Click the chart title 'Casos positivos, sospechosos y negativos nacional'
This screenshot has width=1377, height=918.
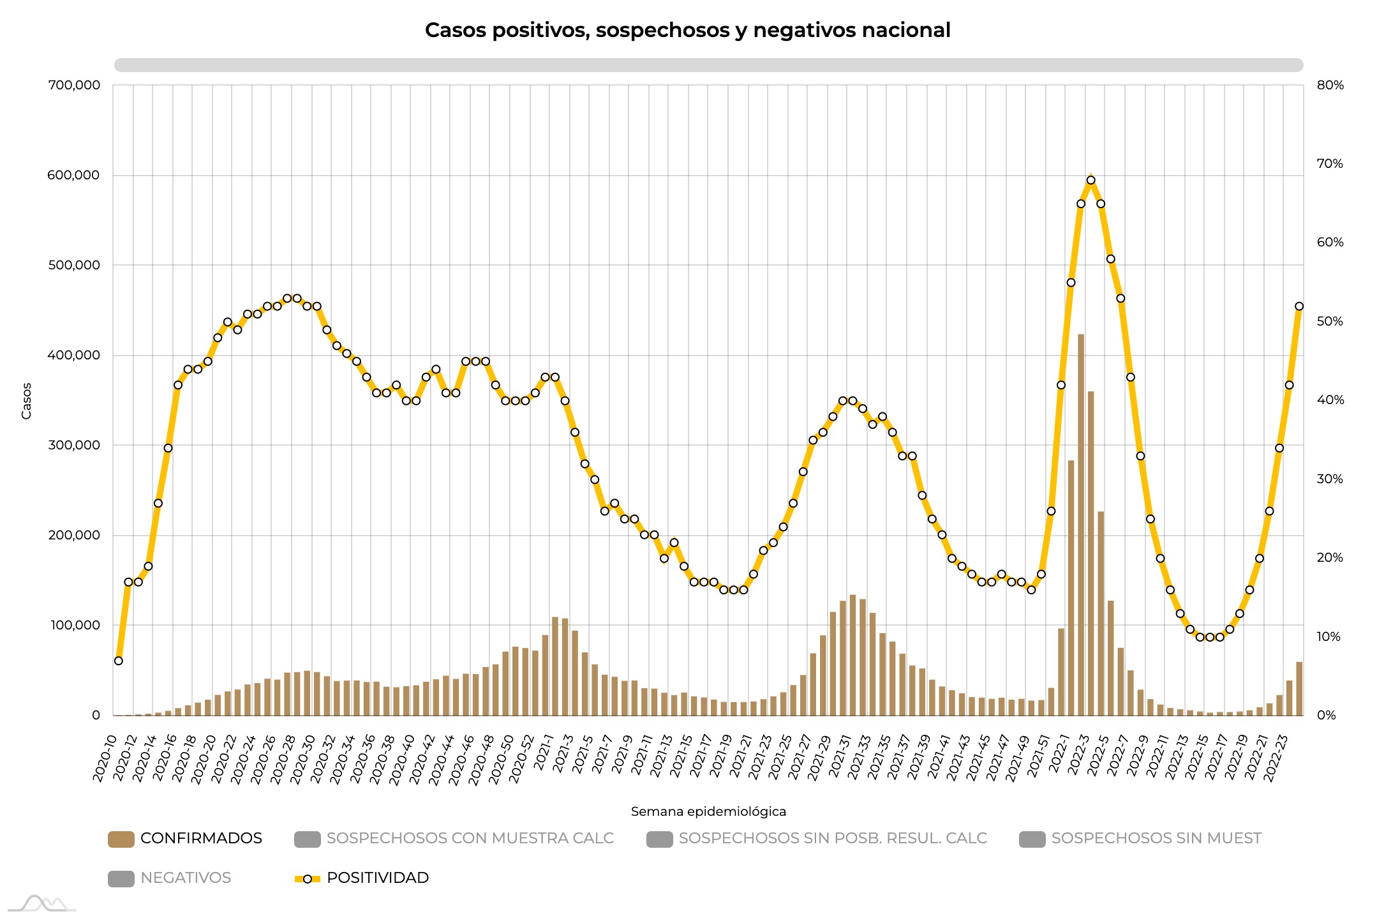coord(687,30)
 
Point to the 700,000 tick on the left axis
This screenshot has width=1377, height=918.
coord(74,85)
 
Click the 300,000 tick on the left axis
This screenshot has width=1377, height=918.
coord(74,445)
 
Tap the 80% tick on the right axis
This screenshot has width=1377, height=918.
coord(1330,85)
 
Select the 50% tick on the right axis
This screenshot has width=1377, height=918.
coord(1330,321)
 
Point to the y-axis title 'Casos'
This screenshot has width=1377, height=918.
coord(26,401)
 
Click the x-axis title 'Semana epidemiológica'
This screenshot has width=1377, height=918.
coord(708,811)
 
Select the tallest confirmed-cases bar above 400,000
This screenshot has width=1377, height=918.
coord(1081,523)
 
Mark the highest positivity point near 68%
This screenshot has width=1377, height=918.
coord(1090,180)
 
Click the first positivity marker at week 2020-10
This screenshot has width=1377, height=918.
coord(118,661)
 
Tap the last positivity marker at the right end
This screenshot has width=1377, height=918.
coord(1299,306)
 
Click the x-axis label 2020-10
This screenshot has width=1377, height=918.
coord(105,758)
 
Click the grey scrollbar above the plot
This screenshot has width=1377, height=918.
coord(708,65)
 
